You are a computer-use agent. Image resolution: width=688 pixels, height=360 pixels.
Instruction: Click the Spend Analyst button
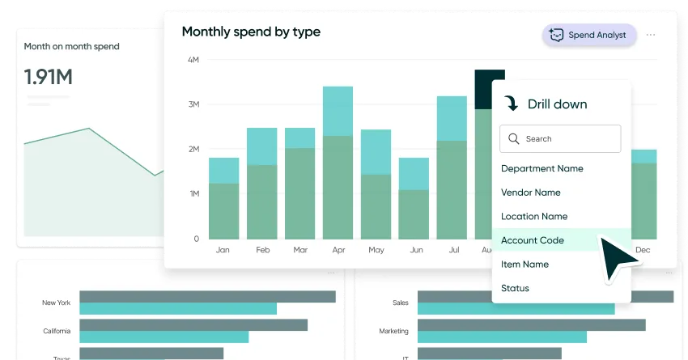coord(590,36)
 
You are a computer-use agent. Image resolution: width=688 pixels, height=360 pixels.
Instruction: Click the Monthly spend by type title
coord(251,32)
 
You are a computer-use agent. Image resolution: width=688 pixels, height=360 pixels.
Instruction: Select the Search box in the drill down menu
coord(560,139)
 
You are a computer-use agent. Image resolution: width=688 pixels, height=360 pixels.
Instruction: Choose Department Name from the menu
coord(541,169)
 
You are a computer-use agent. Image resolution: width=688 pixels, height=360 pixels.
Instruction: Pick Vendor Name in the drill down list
coord(530,193)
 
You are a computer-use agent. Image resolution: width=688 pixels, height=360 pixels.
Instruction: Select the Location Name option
coord(533,217)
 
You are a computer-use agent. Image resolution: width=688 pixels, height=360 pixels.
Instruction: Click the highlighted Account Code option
coord(532,240)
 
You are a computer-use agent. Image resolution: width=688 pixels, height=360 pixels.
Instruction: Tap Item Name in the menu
coord(524,265)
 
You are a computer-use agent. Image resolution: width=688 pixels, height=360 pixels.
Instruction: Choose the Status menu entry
coord(515,288)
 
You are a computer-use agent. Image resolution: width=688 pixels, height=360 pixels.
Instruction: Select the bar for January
coord(223,202)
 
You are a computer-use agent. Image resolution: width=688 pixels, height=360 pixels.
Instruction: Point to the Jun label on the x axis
coord(416,251)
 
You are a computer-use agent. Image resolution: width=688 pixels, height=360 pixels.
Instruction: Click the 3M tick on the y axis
coord(193,105)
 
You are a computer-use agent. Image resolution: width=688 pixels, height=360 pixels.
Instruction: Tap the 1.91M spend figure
coord(49,78)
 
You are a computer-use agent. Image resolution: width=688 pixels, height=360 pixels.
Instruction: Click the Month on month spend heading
coord(71,47)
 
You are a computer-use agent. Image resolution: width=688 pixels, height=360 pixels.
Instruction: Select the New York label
coord(56,303)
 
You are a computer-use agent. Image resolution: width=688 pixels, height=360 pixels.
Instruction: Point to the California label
coord(56,332)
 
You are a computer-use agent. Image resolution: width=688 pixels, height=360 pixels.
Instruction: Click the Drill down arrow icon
coord(511,104)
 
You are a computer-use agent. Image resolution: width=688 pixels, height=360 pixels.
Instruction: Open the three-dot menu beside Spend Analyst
coord(651,36)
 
